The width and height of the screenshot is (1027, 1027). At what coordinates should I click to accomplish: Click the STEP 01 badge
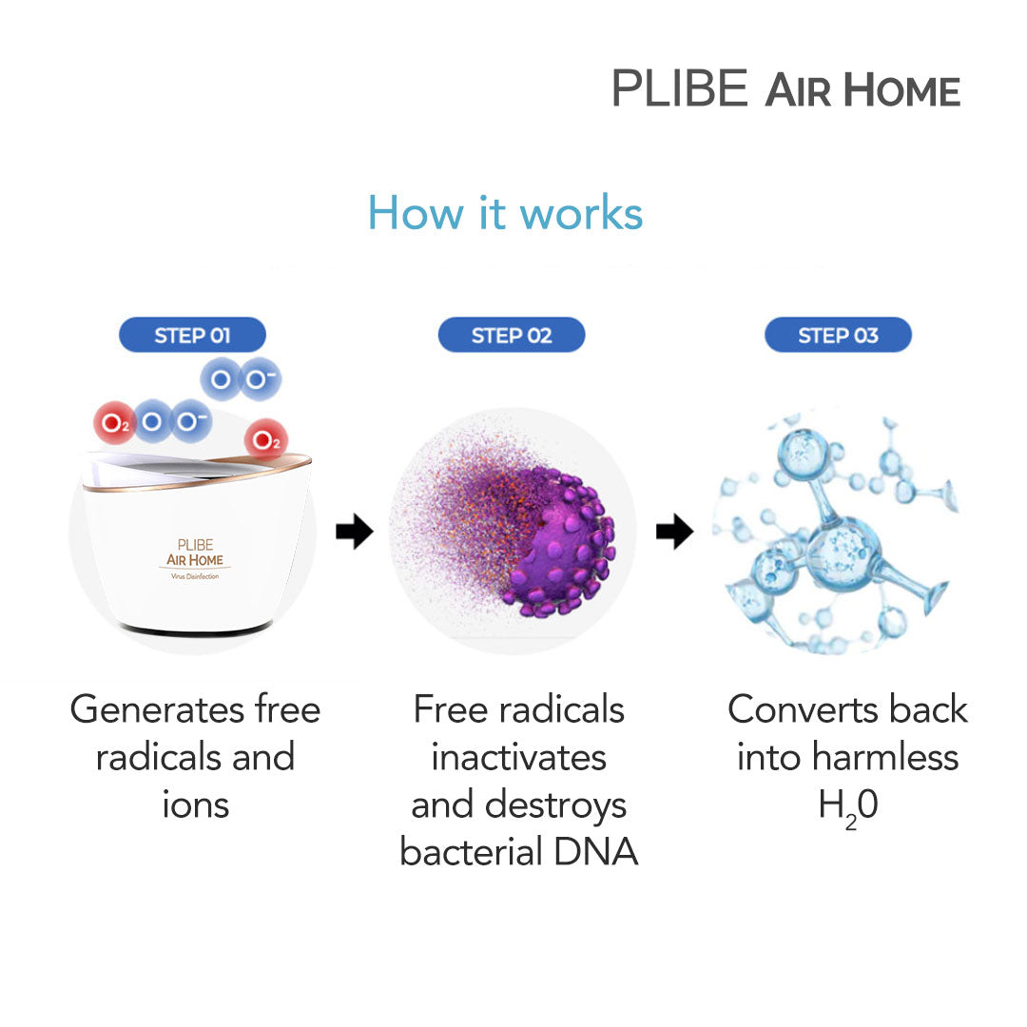[x=192, y=335]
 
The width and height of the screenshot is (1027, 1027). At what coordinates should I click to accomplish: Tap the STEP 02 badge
[x=512, y=335]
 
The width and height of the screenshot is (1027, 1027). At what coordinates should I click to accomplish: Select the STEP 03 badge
[x=838, y=335]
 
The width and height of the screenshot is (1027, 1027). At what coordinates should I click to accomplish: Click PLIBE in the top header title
[x=680, y=88]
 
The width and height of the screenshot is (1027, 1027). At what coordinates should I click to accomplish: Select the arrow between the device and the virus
[x=354, y=533]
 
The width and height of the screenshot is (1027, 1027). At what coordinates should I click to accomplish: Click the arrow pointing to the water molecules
[x=674, y=533]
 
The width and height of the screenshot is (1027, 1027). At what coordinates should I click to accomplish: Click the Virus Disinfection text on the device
[x=195, y=578]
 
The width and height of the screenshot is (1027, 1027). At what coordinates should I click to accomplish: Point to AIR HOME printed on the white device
[x=195, y=560]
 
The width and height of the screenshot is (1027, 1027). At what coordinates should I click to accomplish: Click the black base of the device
[x=195, y=629]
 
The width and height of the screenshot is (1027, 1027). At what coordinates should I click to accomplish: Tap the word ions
[x=195, y=804]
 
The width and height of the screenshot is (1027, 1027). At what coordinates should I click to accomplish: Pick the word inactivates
[x=518, y=757]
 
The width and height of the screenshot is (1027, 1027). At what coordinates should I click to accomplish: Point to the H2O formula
[x=847, y=806]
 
